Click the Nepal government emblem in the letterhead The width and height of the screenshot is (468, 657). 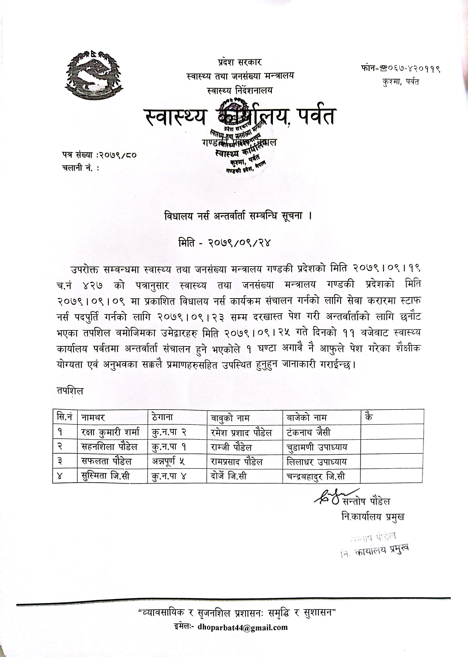coord(94,75)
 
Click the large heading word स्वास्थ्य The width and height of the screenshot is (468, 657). coord(176,116)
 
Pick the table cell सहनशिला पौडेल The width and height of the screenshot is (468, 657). coord(110,447)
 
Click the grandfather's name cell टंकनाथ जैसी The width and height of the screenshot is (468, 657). coord(308,432)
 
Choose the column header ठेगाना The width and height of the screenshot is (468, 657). coord(162,417)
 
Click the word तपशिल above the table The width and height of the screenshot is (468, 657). coord(70,391)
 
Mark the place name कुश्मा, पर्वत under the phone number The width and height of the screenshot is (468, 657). coord(401,82)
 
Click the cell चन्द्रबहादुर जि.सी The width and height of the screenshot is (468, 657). coord(316,476)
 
